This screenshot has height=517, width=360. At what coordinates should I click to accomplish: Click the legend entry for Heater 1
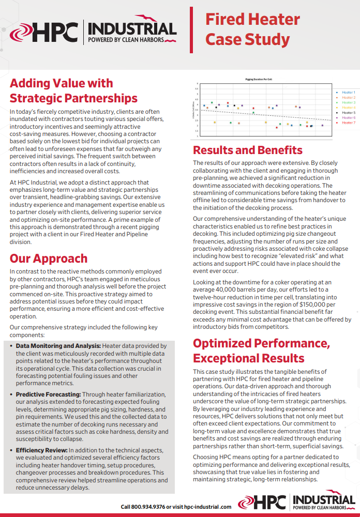point(348,93)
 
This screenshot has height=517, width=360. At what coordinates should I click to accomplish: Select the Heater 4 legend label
point(348,108)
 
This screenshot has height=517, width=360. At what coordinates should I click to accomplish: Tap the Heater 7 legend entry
point(348,123)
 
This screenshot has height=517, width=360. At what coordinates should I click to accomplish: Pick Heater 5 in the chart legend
point(348,113)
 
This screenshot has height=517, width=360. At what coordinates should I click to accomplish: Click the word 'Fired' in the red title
point(226,20)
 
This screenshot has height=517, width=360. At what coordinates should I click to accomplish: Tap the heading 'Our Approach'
point(49,258)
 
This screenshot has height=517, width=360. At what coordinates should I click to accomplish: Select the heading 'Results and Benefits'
point(248,150)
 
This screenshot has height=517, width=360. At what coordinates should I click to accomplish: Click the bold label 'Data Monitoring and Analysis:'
point(58,346)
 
